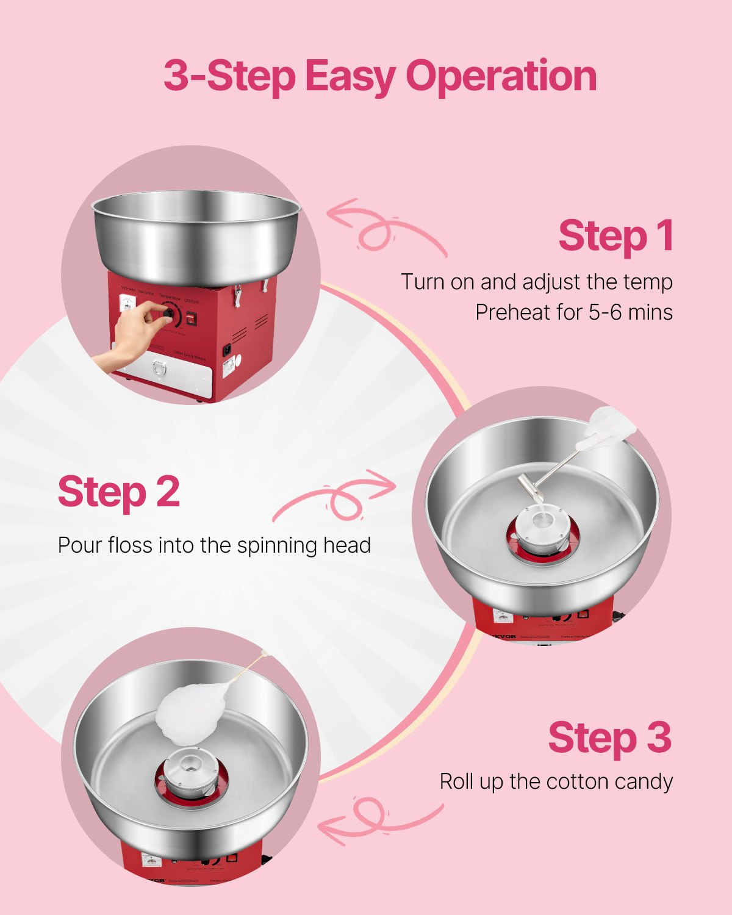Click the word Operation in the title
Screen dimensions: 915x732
click(501, 76)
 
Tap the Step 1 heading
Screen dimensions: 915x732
click(615, 236)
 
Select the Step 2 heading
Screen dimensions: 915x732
click(119, 492)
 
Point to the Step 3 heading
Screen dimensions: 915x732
click(609, 737)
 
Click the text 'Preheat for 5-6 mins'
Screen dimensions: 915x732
click(573, 312)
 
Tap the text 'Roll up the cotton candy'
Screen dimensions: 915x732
click(556, 781)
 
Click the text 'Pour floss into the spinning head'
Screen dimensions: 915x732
click(214, 545)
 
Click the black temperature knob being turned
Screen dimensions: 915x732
click(168, 314)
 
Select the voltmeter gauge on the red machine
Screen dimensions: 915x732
click(127, 304)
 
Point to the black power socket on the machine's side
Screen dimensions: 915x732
click(228, 351)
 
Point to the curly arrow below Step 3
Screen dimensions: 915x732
click(378, 820)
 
